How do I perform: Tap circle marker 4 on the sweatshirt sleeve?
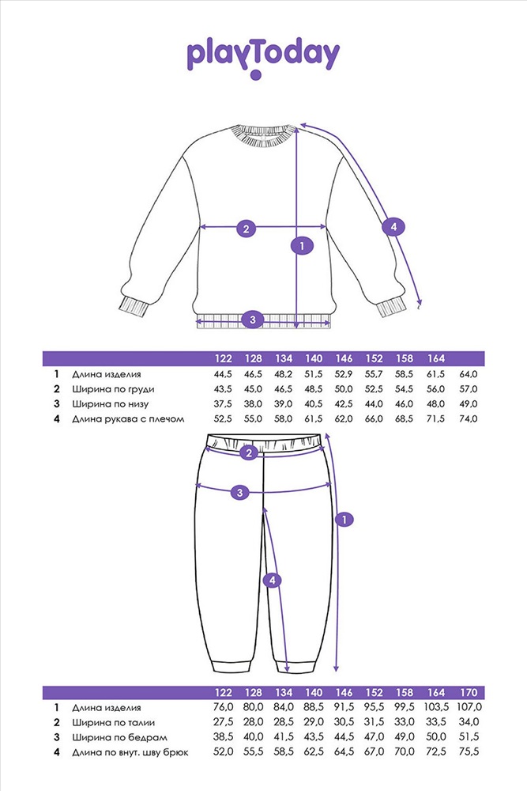coord(393,227)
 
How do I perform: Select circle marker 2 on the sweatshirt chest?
coord(246,229)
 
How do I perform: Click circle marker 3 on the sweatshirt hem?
coord(252,320)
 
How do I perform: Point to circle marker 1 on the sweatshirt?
coord(302,246)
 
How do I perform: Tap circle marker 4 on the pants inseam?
coord(273,581)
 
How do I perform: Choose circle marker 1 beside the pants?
coord(344,520)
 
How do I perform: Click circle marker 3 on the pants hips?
coord(240,492)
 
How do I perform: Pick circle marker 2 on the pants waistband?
coord(249,453)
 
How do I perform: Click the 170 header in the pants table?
coord(469,693)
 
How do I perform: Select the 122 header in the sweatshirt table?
coord(223,358)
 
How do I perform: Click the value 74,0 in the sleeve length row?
coord(468,418)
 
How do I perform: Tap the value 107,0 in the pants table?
coord(469,707)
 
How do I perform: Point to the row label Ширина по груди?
coord(113,389)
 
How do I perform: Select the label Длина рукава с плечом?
coord(128,419)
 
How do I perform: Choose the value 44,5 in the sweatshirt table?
coord(223,374)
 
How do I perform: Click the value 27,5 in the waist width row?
coord(223,722)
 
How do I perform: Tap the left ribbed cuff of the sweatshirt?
coord(134,306)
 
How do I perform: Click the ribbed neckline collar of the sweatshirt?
coord(262,136)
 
